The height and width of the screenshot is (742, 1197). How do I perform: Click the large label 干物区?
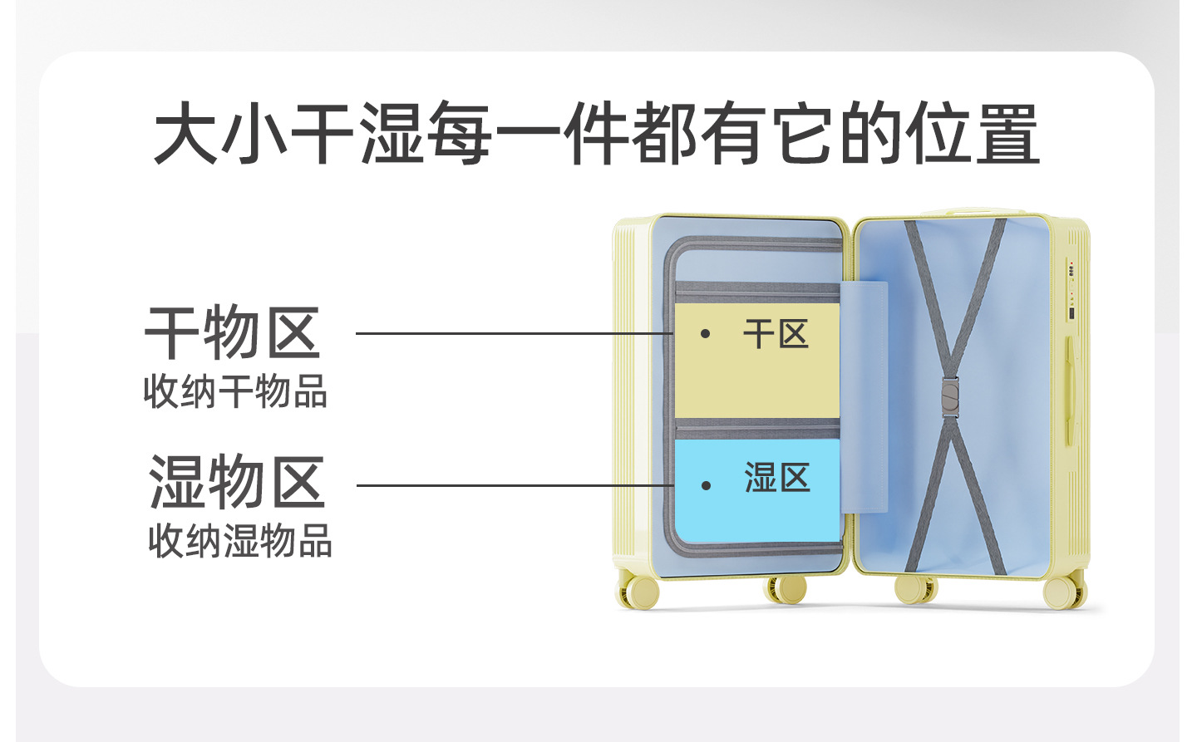233,333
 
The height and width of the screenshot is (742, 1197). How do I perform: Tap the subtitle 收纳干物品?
235,391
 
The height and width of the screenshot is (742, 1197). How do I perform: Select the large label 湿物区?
236,482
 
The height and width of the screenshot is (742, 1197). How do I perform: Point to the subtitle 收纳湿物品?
239,541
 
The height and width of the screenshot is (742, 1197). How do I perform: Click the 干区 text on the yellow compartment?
776,335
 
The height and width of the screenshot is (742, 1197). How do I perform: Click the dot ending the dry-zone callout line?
705,334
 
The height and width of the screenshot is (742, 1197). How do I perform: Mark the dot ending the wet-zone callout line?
706,485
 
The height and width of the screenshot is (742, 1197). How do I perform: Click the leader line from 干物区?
515,334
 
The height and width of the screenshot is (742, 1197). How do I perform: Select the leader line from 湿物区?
515,485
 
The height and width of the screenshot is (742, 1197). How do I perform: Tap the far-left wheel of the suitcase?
641,591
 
